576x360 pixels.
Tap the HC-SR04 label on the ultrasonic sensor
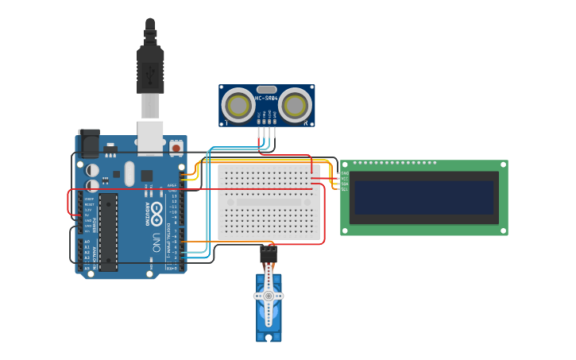(x=266, y=98)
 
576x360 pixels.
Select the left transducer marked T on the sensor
(x=238, y=104)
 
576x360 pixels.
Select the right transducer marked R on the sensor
(x=296, y=104)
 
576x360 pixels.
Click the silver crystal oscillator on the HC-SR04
(x=266, y=89)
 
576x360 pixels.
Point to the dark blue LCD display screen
(x=423, y=197)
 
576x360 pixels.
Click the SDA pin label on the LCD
(x=345, y=184)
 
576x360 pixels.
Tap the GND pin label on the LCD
(x=345, y=173)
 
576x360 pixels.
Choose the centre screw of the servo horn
(x=269, y=296)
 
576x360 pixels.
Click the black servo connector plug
(x=269, y=255)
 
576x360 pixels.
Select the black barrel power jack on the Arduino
(x=88, y=142)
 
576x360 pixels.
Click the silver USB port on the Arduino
(x=149, y=135)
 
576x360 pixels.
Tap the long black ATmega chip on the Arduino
(x=108, y=231)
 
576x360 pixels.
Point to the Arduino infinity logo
(x=156, y=212)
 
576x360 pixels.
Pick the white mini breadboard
(x=269, y=202)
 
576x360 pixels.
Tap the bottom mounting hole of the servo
(x=269, y=337)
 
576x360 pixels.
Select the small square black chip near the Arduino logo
(x=147, y=176)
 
